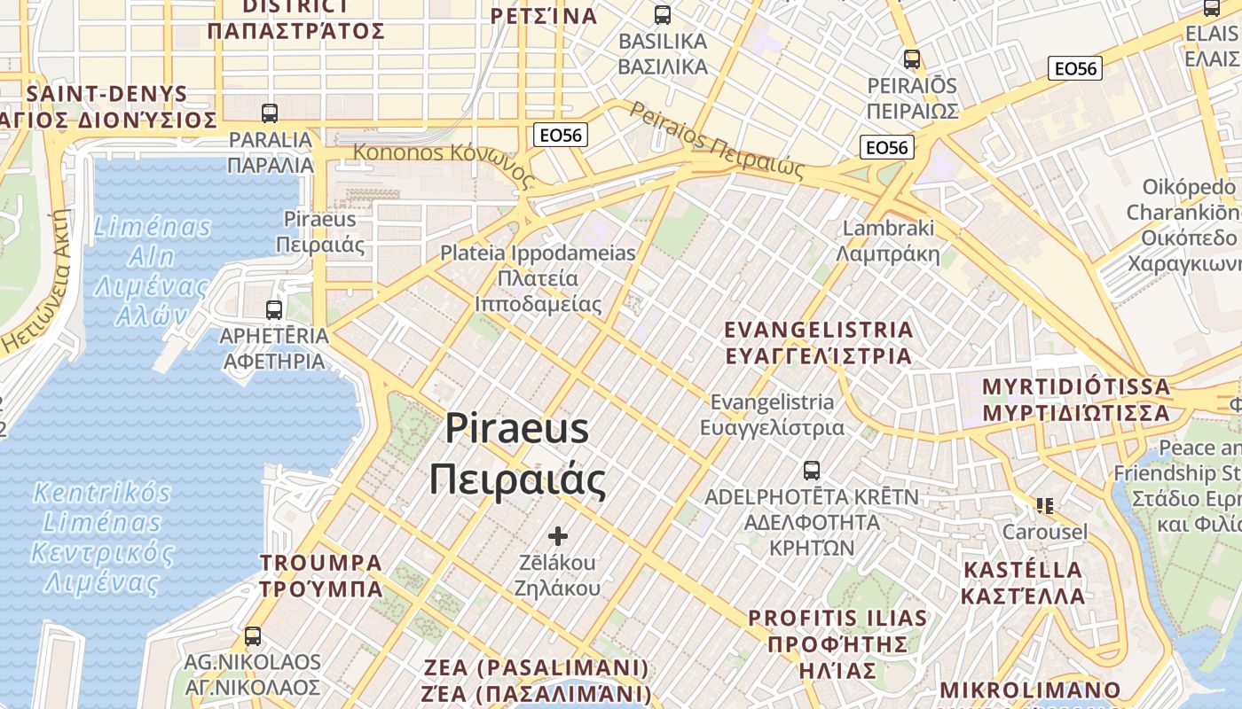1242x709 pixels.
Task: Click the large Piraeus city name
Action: tap(517, 455)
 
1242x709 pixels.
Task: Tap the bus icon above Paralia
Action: tap(270, 113)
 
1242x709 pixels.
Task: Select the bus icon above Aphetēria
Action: tap(274, 310)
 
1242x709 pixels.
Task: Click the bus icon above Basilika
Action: tap(663, 15)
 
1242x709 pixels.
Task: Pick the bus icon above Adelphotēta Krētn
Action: tap(811, 471)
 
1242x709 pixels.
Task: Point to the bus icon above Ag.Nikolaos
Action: tap(253, 636)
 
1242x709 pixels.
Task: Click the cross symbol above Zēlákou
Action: tap(558, 536)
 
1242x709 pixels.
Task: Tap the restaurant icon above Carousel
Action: tap(1044, 506)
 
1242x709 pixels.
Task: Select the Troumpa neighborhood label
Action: tap(321, 576)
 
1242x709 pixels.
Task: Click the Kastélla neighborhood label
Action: tap(1022, 582)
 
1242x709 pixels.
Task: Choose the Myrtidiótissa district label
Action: tap(1076, 400)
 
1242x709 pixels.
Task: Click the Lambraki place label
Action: tap(888, 241)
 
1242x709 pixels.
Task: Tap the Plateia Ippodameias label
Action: tap(538, 278)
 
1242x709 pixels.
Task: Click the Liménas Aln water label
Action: tap(153, 271)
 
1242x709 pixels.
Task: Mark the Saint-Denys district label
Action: tap(108, 106)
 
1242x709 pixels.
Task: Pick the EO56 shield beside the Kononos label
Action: tap(560, 136)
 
